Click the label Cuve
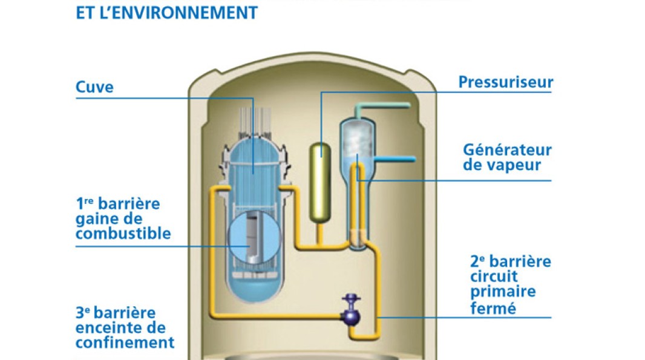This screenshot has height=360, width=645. pyautogui.click(x=94, y=87)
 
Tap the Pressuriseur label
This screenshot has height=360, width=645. pyautogui.click(x=506, y=82)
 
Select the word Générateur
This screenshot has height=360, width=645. pyautogui.click(x=507, y=150)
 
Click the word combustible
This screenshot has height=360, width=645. pyautogui.click(x=123, y=234)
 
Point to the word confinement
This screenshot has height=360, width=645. pyautogui.click(x=125, y=342)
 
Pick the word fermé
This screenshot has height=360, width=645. pyautogui.click(x=493, y=308)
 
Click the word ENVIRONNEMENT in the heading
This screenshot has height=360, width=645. pyautogui.click(x=185, y=13)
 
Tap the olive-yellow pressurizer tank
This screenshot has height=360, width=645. pyautogui.click(x=320, y=183)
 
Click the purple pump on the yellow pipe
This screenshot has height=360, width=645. pyautogui.click(x=351, y=310)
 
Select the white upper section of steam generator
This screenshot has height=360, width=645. pyautogui.click(x=357, y=140)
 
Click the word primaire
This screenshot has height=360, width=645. pyautogui.click(x=503, y=291)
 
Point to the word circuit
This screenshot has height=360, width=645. pyautogui.click(x=494, y=277)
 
